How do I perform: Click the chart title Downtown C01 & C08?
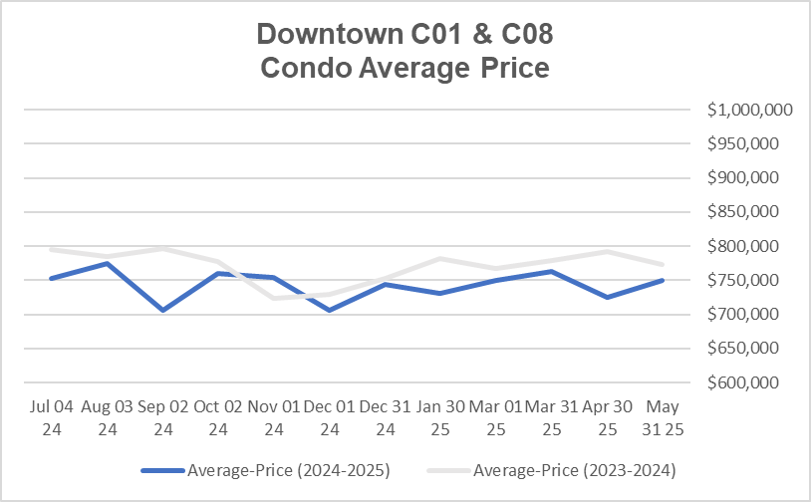(x=405, y=34)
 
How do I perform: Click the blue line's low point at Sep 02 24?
(x=161, y=311)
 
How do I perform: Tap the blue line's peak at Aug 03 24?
(x=106, y=263)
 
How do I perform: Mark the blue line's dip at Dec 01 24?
(x=328, y=311)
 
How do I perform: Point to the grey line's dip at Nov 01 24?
(x=272, y=298)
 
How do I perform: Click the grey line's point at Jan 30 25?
(x=439, y=258)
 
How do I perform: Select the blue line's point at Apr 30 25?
(x=606, y=297)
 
